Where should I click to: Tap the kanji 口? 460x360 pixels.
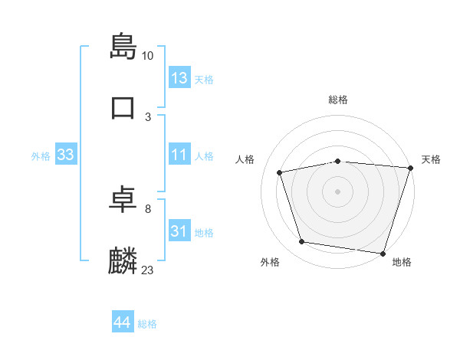point(123,106)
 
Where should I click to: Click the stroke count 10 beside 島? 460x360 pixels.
point(148,56)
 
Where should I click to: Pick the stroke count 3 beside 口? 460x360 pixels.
point(148,117)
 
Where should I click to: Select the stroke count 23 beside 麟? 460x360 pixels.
point(148,270)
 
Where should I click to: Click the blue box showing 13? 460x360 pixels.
point(179,78)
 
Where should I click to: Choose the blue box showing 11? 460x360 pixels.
point(179,155)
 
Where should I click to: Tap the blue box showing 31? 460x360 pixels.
point(179,231)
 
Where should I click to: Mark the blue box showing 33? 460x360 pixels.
point(66,155)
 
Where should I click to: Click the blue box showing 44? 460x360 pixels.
point(123,322)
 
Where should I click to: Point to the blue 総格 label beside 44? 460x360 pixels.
point(147,324)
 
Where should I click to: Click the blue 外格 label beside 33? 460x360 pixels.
point(41,156)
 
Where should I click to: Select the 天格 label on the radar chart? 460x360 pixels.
point(431,159)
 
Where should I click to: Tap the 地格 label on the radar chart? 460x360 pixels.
point(402,263)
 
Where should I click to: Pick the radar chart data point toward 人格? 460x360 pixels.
point(280,172)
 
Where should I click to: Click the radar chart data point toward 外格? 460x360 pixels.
point(302,242)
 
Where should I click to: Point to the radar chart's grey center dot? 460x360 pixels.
point(337,191)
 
